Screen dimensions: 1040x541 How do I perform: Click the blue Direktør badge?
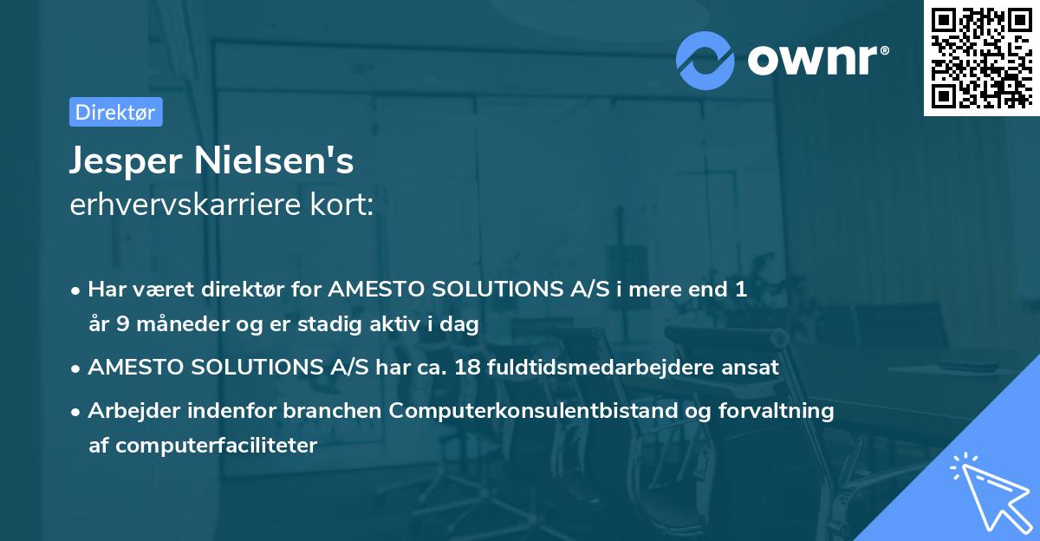(116, 112)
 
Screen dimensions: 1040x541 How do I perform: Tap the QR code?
(981, 58)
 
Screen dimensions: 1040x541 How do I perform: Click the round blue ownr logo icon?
(705, 61)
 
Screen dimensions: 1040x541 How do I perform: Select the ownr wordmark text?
(817, 61)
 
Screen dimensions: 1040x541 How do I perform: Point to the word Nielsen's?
(274, 160)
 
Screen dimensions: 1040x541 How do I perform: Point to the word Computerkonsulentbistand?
(533, 410)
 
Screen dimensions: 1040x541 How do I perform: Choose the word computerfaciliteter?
(217, 446)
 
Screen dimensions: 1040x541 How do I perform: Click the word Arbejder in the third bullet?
(134, 411)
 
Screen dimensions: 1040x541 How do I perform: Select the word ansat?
(750, 368)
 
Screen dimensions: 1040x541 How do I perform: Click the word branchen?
(333, 410)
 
